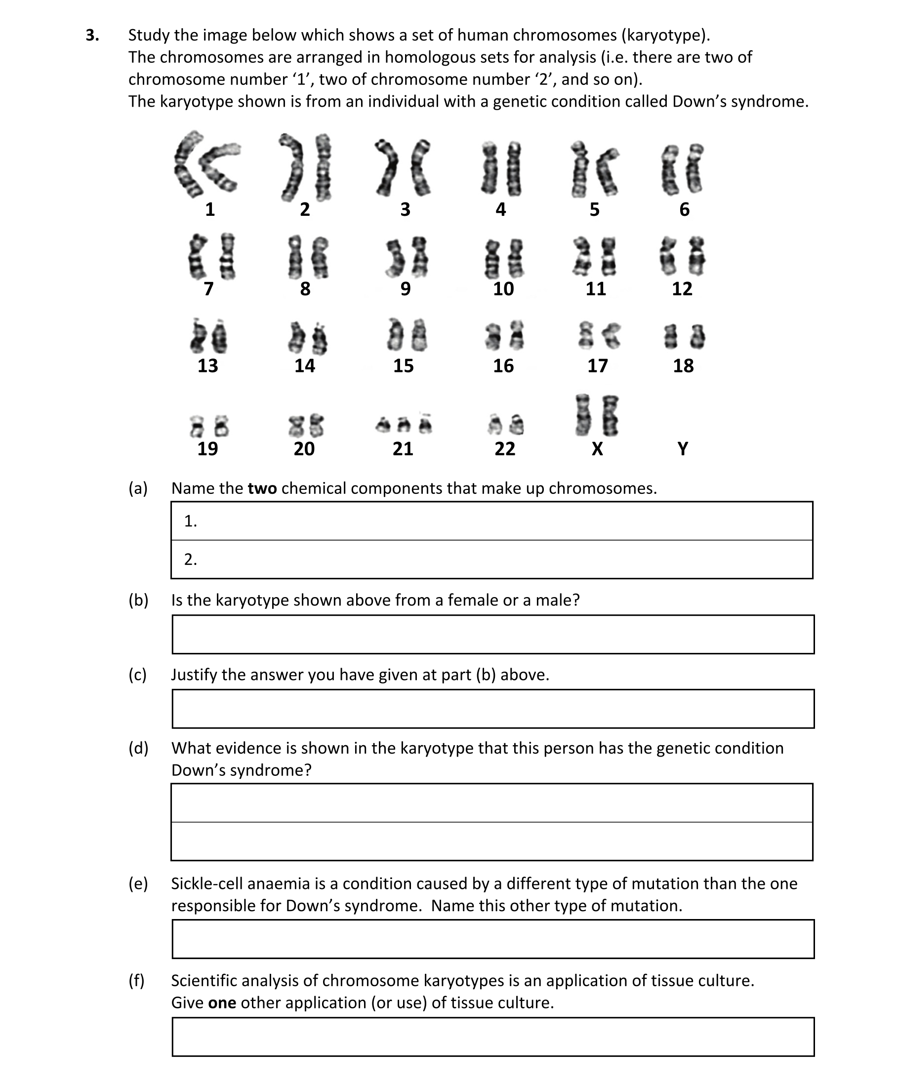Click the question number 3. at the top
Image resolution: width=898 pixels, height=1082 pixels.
pos(92,35)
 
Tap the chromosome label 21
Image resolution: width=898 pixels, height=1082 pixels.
pos(403,449)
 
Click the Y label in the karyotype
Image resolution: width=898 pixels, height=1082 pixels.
pos(683,449)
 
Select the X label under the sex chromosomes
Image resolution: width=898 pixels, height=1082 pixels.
pos(597,449)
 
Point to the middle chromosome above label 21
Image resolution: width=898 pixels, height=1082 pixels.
pos(405,425)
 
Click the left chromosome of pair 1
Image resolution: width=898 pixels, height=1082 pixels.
pos(187,165)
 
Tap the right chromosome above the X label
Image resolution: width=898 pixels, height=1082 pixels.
pos(611,416)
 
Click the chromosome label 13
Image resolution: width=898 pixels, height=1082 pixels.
pos(208,366)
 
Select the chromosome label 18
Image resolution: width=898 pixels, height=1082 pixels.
pos(683,366)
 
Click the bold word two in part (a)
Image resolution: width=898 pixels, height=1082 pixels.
pos(262,488)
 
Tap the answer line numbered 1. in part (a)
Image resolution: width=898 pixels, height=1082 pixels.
pos(492,521)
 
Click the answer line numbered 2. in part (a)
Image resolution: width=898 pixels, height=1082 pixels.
pos(492,560)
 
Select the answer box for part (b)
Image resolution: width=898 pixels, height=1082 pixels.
pos(493,634)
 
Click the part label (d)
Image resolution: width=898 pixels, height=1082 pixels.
pos(138,748)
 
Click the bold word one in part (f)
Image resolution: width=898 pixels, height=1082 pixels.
pos(222,1002)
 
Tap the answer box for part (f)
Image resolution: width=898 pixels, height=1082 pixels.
pos(493,1037)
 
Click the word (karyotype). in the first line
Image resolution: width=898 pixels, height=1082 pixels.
pos(665,35)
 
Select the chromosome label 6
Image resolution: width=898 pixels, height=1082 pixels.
pos(684,209)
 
